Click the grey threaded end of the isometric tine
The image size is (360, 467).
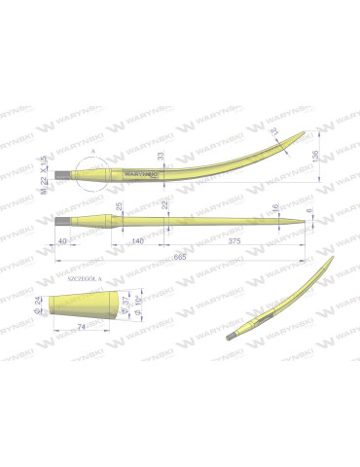click(x=234, y=338)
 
